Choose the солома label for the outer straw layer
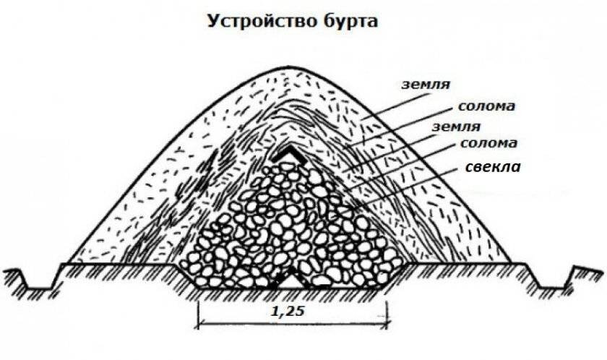point(486,107)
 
